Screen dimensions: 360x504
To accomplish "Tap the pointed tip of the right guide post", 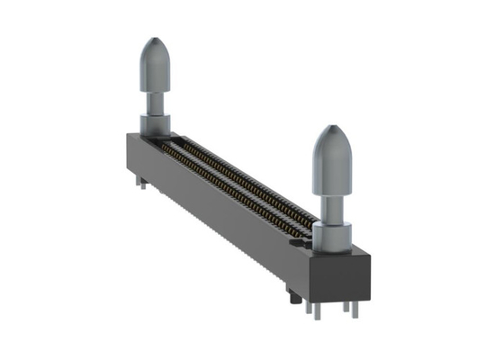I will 332,130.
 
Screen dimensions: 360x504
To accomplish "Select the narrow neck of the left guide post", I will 155,101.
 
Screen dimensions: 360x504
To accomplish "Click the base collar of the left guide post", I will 153,124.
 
